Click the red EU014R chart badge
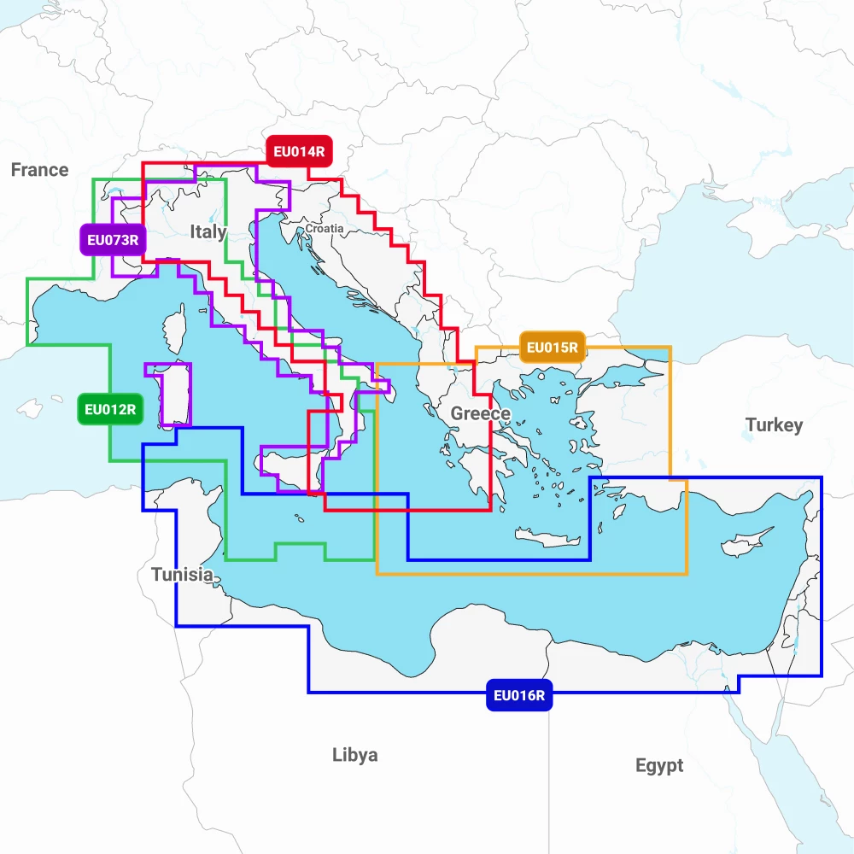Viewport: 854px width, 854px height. click(x=298, y=153)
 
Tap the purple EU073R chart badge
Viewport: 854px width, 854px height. click(x=112, y=240)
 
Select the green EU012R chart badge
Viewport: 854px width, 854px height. click(x=110, y=409)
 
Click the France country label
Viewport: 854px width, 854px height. click(x=39, y=170)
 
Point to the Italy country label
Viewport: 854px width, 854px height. click(x=208, y=231)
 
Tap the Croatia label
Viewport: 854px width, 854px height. click(x=325, y=229)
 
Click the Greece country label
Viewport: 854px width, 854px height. click(x=480, y=414)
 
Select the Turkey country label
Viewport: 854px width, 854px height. click(x=774, y=425)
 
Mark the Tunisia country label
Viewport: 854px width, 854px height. click(x=183, y=575)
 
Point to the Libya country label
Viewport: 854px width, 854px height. click(x=354, y=755)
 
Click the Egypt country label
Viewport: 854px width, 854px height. click(x=659, y=765)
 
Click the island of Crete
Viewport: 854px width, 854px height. click(x=547, y=538)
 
